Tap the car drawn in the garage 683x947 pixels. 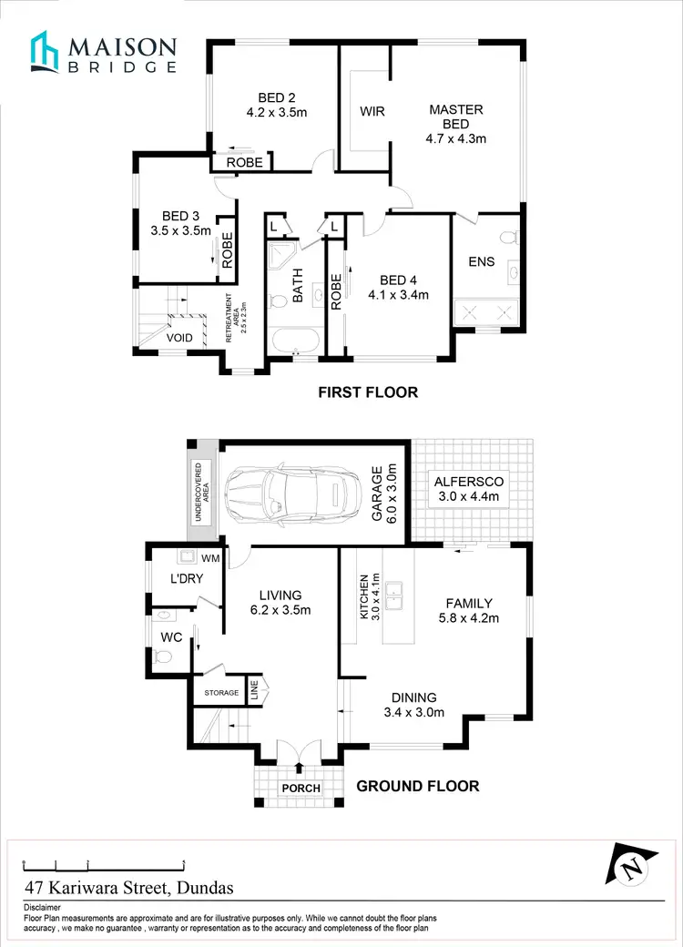tap(290, 494)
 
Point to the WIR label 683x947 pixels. tap(372, 112)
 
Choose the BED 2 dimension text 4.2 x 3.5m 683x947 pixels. tap(276, 114)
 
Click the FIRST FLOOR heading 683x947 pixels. tap(367, 392)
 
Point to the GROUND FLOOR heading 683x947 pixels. tap(417, 786)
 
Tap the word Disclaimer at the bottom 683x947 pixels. tap(42, 908)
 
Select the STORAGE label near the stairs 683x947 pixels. tap(220, 693)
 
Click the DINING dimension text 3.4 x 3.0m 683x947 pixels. tap(413, 712)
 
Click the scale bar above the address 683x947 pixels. tap(104, 863)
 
